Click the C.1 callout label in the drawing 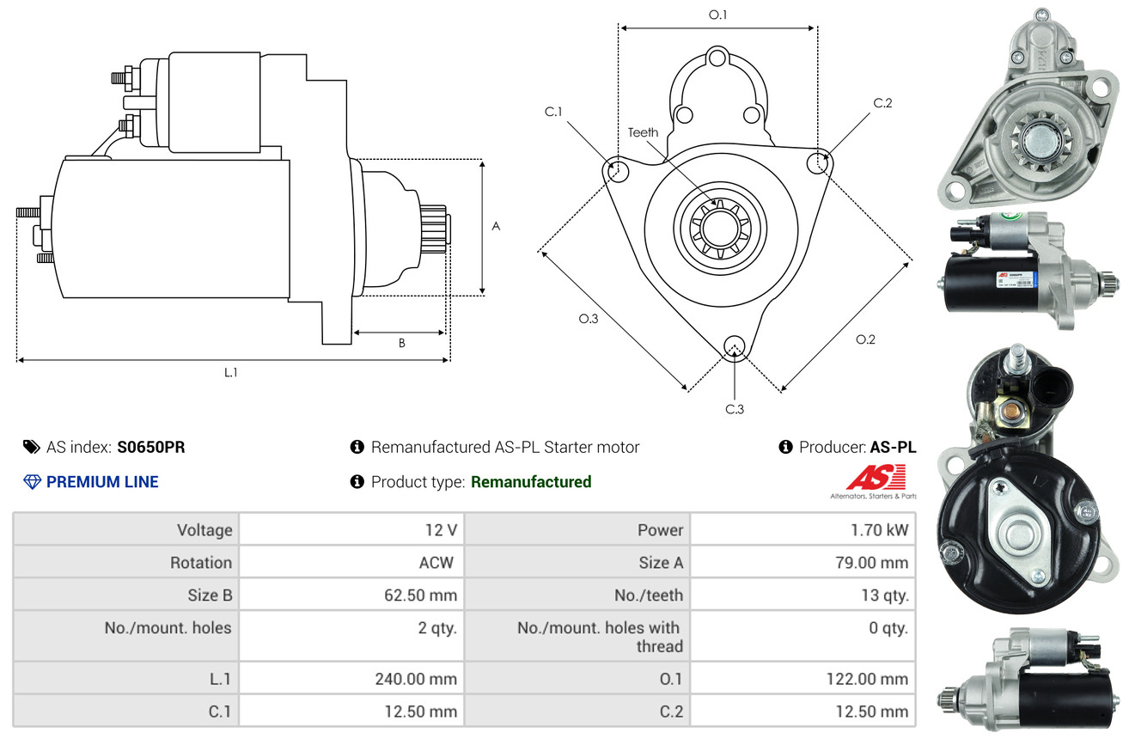pos(552,112)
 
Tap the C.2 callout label pos(882,103)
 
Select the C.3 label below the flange pos(734,409)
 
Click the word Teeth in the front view pos(643,132)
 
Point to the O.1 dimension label pos(717,14)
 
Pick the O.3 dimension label pos(588,319)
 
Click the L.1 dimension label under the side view pos(231,372)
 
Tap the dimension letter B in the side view pos(401,343)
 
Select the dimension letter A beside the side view pos(495,226)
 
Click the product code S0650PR pos(151,447)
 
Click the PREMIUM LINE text pos(102,482)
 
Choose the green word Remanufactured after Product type pos(531,482)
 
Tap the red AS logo pos(876,478)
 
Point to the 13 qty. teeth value pos(884,595)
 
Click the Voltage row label pos(204,530)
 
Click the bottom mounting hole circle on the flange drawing pos(734,345)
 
